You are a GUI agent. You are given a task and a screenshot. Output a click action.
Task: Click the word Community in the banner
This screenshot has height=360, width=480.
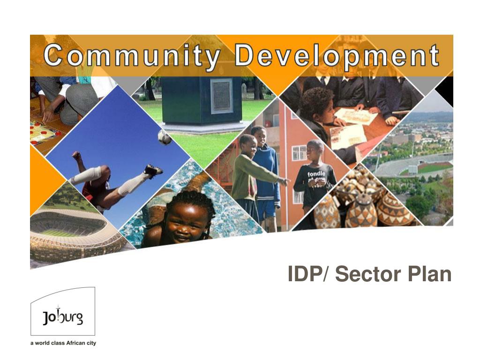click(132, 56)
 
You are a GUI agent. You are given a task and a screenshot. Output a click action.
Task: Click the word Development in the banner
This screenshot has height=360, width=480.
click(337, 56)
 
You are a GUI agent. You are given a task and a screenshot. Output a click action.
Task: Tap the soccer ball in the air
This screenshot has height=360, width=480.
click(165, 137)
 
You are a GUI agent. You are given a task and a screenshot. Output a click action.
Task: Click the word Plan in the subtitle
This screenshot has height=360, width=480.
click(429, 274)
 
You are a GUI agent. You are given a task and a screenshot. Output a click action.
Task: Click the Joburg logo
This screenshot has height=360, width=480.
click(63, 312)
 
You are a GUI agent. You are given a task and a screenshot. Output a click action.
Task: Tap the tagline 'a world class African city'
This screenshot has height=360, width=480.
click(63, 343)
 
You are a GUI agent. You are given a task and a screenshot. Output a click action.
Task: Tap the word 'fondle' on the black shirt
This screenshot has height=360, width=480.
click(316, 174)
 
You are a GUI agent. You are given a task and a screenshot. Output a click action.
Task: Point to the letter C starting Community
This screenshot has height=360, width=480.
click(53, 56)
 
